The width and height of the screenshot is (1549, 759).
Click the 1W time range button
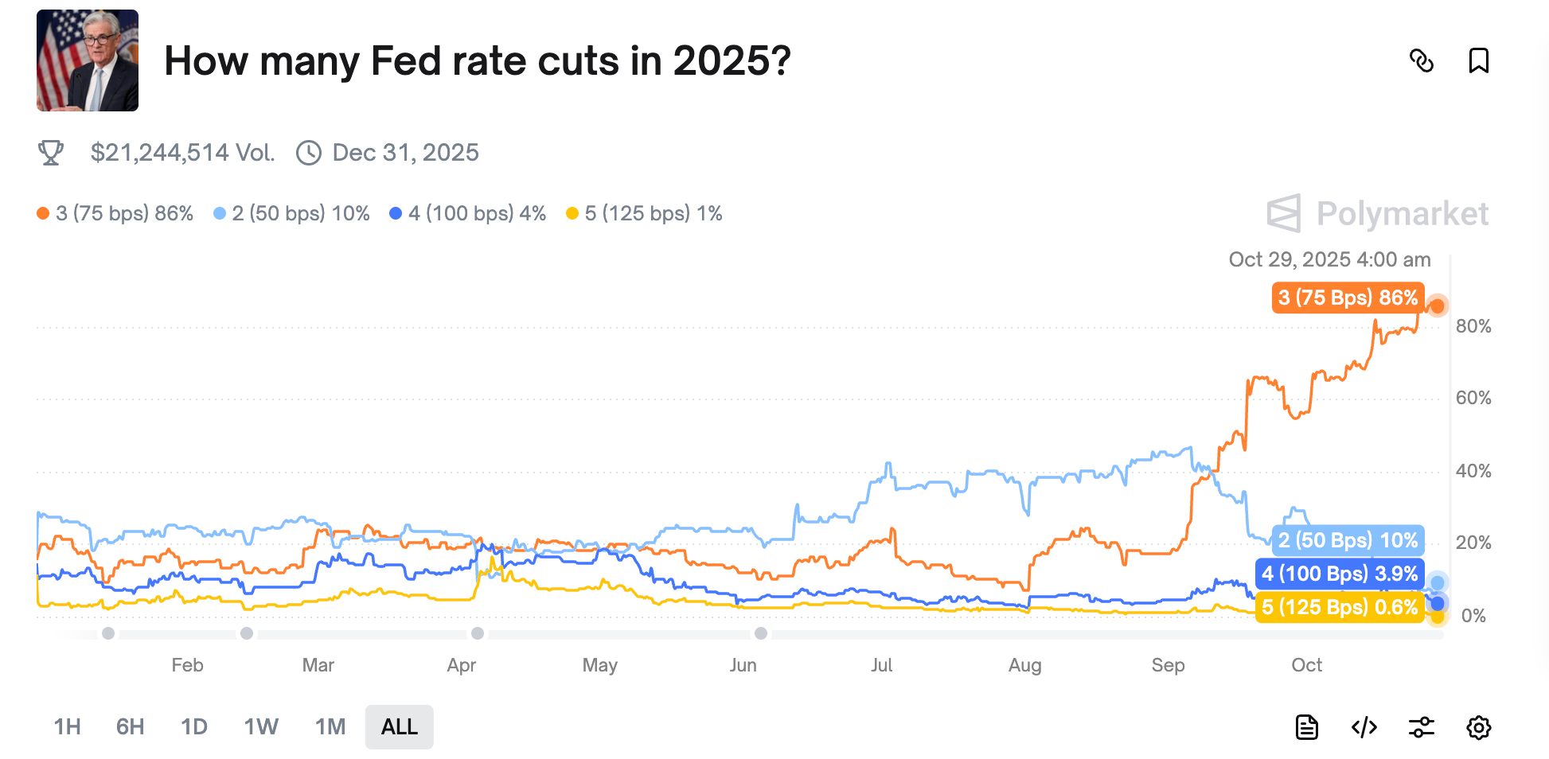click(261, 726)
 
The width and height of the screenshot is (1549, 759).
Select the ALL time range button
click(399, 726)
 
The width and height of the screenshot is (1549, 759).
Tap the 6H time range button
click(130, 726)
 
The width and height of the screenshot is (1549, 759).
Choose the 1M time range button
click(330, 726)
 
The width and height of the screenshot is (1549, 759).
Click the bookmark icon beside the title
click(1478, 60)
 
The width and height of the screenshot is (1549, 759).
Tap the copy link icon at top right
click(1421, 60)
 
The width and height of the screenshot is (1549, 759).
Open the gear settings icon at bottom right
click(1478, 726)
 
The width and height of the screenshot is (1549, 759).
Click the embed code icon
click(1364, 726)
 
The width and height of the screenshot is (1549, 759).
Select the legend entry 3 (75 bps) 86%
click(115, 213)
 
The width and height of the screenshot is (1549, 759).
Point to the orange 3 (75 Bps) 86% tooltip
click(1348, 298)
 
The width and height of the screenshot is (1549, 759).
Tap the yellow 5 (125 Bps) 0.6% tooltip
click(1340, 607)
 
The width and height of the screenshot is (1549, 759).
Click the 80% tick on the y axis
click(1473, 326)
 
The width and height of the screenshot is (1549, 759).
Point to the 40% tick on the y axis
click(1473, 471)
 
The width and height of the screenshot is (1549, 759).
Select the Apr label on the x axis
click(461, 665)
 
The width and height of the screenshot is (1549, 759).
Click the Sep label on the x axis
click(1168, 665)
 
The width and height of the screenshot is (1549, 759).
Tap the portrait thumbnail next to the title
click(88, 60)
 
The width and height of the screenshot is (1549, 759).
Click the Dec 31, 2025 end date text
click(405, 153)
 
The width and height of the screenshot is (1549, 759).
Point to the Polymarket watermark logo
click(1378, 213)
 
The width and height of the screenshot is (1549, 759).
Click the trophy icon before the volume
click(51, 153)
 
